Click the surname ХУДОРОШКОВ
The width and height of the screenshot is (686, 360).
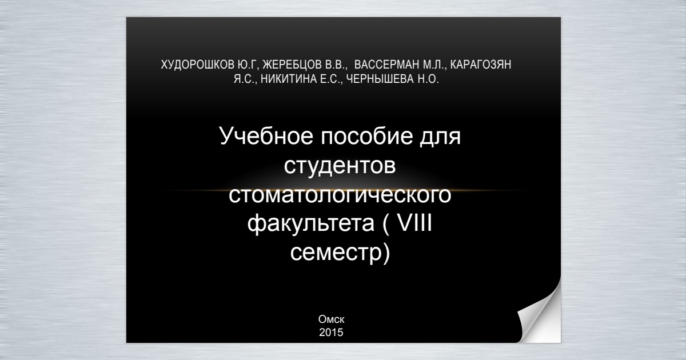click(x=198, y=65)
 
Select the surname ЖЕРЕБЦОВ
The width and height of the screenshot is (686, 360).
click(x=292, y=65)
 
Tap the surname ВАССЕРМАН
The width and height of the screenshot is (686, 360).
click(x=387, y=65)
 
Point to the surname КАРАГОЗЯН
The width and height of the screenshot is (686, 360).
click(x=481, y=65)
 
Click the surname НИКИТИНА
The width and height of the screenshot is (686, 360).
click(x=289, y=79)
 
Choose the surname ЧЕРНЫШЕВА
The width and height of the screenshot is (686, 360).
click(x=380, y=79)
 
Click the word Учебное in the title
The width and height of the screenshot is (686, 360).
click(x=266, y=136)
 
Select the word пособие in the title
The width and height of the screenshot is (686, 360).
click(x=366, y=136)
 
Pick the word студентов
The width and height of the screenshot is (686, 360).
click(x=340, y=166)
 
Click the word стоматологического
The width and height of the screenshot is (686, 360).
click(x=340, y=195)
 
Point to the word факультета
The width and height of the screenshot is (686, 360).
click(x=310, y=224)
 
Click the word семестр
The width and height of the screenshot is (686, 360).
click(x=337, y=253)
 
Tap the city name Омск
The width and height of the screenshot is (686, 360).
click(x=332, y=319)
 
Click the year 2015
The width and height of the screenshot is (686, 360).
click(x=332, y=333)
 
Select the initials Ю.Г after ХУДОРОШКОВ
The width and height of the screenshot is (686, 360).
click(x=246, y=65)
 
